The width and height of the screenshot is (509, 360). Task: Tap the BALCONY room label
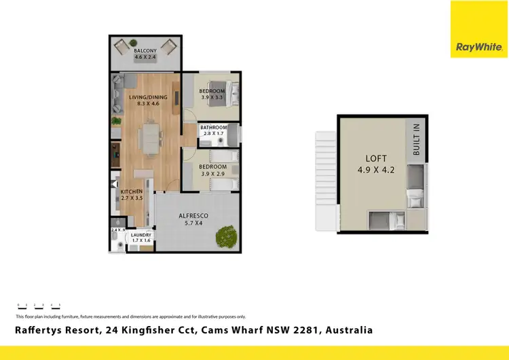(145, 51)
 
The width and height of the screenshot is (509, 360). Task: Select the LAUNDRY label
(141, 236)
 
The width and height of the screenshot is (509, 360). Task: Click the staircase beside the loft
(325, 174)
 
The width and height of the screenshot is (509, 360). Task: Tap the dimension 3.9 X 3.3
(212, 98)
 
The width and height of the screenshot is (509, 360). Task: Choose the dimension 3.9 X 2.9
(212, 174)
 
